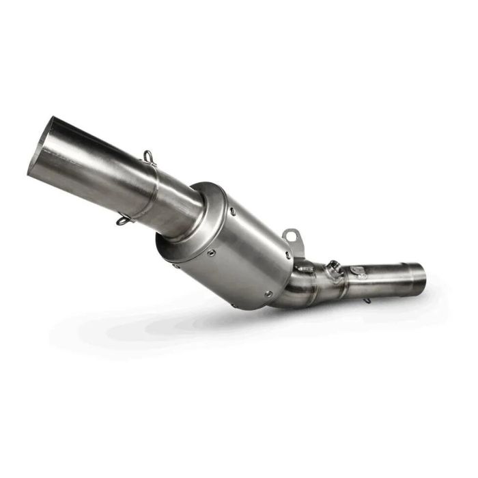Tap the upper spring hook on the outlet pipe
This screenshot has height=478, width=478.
click(150, 158)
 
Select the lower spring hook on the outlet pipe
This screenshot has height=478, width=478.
click(123, 220)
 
